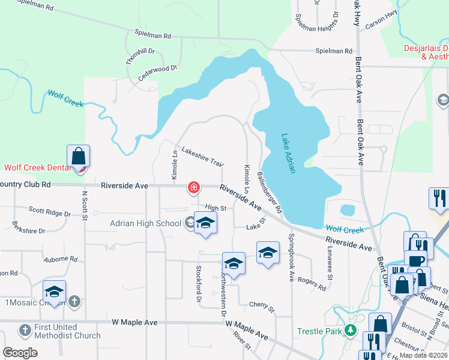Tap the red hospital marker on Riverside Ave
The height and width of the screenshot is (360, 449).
(x=194, y=188)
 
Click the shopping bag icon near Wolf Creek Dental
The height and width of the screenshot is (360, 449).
(x=78, y=157)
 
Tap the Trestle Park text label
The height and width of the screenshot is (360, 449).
(x=320, y=331)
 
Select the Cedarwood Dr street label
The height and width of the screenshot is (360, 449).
(x=158, y=73)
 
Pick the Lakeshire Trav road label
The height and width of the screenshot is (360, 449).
(x=202, y=156)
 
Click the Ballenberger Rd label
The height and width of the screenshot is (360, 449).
(x=270, y=193)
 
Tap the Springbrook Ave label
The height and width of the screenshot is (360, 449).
(x=292, y=257)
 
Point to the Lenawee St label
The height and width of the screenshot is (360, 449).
(x=330, y=265)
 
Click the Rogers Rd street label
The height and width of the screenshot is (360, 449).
(x=312, y=283)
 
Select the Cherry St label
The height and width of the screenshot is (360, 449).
(x=261, y=307)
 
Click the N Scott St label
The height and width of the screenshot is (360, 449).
(x=85, y=206)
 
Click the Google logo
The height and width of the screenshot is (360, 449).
(x=20, y=353)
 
